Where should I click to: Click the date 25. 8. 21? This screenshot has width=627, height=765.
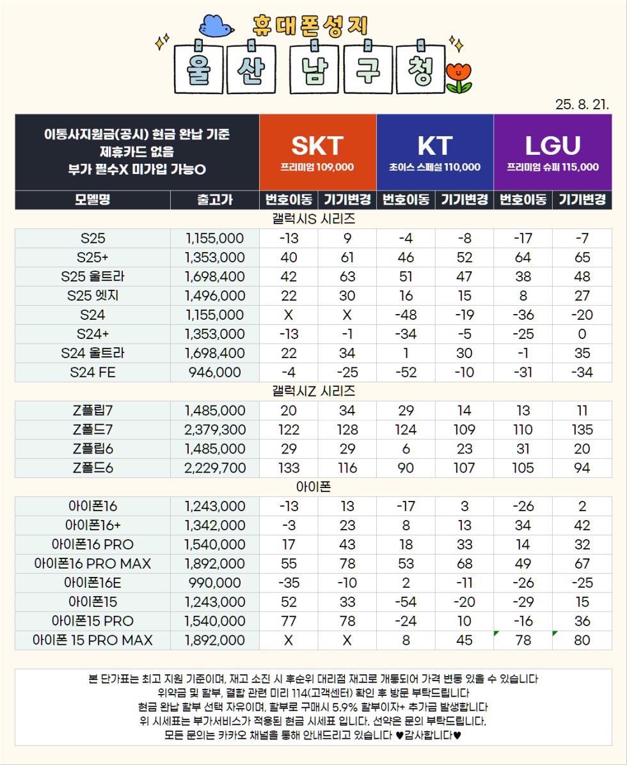pyautogui.click(x=582, y=104)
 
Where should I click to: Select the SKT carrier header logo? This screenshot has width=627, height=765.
pyautogui.click(x=317, y=146)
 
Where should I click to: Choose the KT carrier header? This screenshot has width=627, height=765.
pyautogui.click(x=434, y=146)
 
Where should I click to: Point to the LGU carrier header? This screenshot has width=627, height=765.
pyautogui.click(x=552, y=146)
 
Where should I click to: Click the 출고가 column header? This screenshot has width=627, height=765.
pyautogui.click(x=214, y=200)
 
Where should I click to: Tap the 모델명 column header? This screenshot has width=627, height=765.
pyautogui.click(x=93, y=200)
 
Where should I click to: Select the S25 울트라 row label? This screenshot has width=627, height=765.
pyautogui.click(x=93, y=276)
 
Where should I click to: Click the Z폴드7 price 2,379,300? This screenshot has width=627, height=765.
pyautogui.click(x=214, y=429)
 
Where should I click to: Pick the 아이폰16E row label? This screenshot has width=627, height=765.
pyautogui.click(x=93, y=583)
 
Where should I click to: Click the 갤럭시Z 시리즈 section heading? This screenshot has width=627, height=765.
pyautogui.click(x=313, y=391)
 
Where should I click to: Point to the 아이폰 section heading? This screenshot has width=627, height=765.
pyautogui.click(x=313, y=487)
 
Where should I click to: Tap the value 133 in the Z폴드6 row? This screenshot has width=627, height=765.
pyautogui.click(x=289, y=468)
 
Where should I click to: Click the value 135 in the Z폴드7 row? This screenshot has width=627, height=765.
pyautogui.click(x=582, y=429)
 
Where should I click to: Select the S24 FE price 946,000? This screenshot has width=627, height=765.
pyautogui.click(x=214, y=372)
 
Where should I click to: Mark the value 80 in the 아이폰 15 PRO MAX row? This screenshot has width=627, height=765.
pyautogui.click(x=582, y=640)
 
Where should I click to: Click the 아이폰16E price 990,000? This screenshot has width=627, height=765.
pyautogui.click(x=214, y=583)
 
